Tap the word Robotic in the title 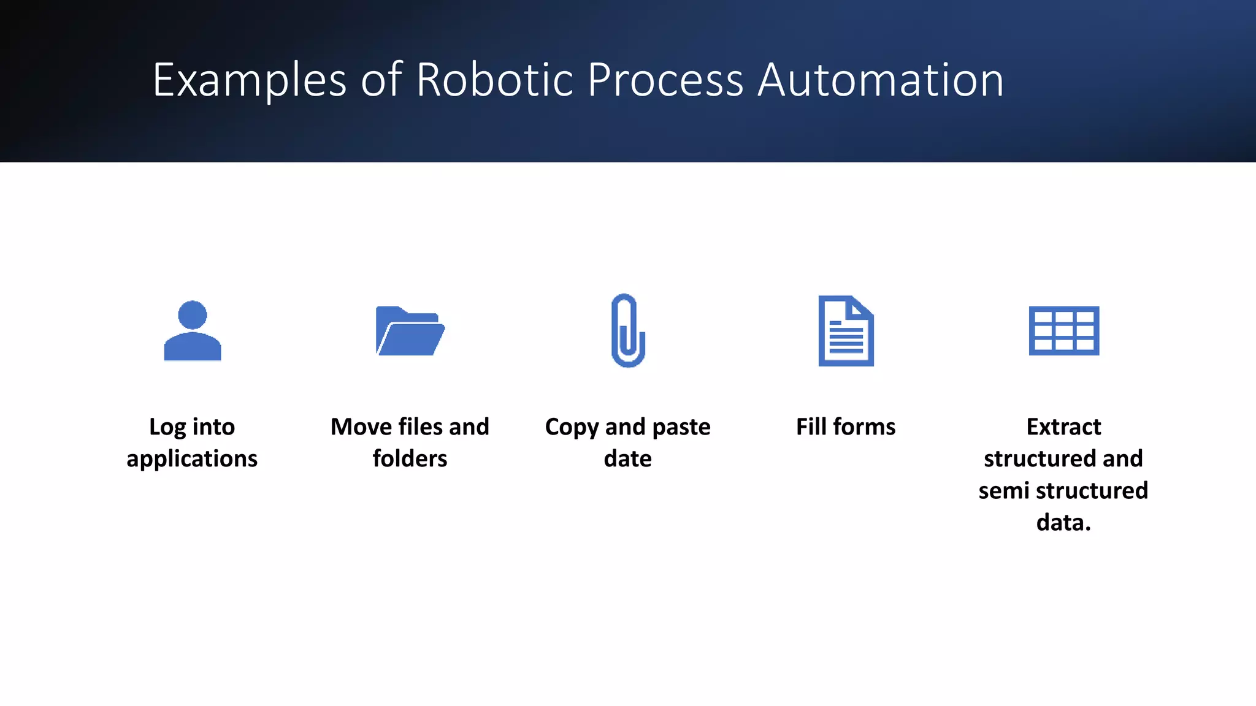pos(495,80)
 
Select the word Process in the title pos(665,80)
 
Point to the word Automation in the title pos(881,80)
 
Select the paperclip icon pos(628,331)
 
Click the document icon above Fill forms pos(846,331)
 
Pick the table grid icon pos(1063,331)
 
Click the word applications pos(192,459)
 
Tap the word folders pos(410,458)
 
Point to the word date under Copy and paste pos(627,458)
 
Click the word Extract pos(1063,427)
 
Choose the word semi pos(1003,491)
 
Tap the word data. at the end pos(1063,523)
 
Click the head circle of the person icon pos(193,315)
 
